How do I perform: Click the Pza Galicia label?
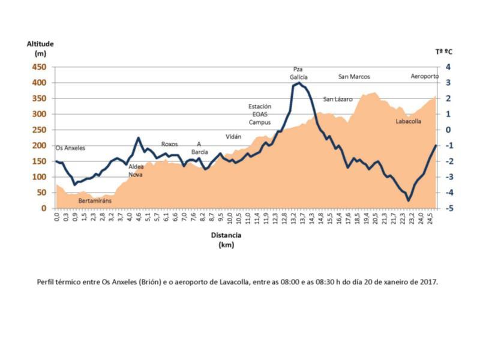(x=298, y=73)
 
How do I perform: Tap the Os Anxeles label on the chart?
(x=70, y=148)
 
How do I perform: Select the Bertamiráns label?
(x=95, y=200)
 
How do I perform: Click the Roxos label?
(x=169, y=144)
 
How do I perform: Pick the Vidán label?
(x=233, y=137)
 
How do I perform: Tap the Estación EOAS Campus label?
(x=260, y=114)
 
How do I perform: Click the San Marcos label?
(x=354, y=77)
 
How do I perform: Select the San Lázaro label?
(x=338, y=99)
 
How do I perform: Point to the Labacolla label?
(x=408, y=121)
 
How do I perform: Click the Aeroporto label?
(x=425, y=77)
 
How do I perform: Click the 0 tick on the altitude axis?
(x=45, y=208)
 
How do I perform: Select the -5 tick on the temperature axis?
(x=448, y=208)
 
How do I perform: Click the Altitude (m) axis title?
(x=40, y=49)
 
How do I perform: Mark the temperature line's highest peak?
(x=298, y=83)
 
